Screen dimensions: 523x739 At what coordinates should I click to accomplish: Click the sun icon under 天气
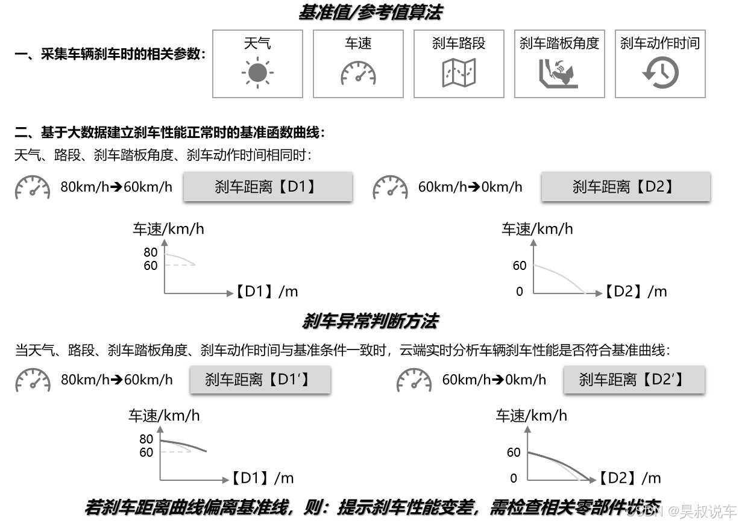coord(257,73)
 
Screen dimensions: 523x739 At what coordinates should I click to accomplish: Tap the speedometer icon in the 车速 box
coord(358,73)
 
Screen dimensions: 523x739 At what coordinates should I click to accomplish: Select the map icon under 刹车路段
coord(459,73)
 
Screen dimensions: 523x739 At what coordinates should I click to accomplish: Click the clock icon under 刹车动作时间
coord(660,73)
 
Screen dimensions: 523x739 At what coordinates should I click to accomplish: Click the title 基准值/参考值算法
coord(370,12)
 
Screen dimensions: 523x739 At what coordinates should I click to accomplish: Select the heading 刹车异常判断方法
coord(369,322)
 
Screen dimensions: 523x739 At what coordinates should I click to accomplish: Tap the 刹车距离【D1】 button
coord(267,187)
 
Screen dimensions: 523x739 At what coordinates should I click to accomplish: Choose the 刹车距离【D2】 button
coord(625,187)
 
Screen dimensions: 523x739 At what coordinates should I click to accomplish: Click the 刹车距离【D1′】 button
coord(260,380)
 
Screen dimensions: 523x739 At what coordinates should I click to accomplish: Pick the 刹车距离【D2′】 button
coord(634,380)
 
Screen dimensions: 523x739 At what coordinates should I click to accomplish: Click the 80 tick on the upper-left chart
coord(151,252)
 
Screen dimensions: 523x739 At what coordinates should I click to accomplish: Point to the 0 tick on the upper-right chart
coord(520,292)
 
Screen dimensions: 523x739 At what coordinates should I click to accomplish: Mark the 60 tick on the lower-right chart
coord(514,452)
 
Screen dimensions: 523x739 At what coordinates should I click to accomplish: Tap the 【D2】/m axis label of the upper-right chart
coord(636,292)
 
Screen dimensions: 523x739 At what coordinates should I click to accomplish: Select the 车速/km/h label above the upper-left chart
coord(168,229)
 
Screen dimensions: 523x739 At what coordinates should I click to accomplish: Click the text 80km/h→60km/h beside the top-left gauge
coord(116,187)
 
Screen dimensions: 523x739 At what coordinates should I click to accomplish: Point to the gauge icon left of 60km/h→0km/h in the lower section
coord(414,380)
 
